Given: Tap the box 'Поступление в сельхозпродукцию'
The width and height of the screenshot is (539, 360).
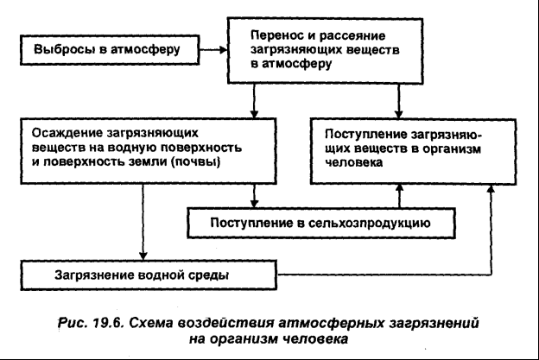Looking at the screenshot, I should pos(320,224).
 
